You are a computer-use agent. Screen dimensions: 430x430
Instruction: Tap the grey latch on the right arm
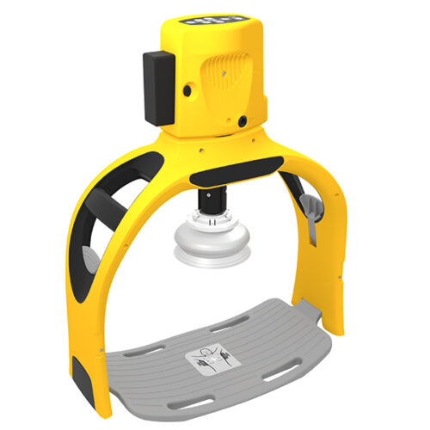310,210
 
